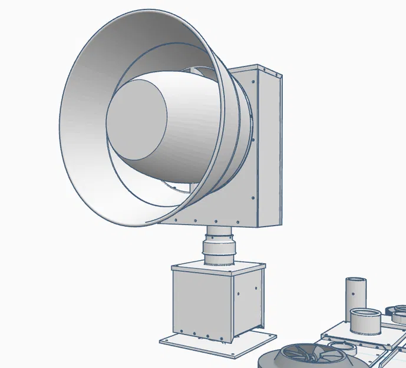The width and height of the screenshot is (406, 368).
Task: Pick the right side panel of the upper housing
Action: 269,147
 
